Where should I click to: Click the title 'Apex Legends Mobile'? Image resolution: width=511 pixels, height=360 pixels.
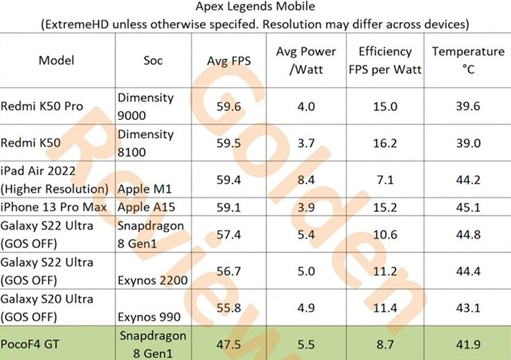pos(255,8)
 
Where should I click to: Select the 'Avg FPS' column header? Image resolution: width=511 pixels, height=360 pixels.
pos(229,61)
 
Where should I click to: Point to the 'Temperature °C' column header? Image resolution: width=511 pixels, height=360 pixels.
pos(468,60)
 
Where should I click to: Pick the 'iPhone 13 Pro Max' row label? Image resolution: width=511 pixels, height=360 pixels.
pos(53,206)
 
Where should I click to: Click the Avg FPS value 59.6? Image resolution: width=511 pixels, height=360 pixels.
pos(229,106)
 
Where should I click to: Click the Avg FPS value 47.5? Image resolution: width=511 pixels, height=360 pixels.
pos(229,343)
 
